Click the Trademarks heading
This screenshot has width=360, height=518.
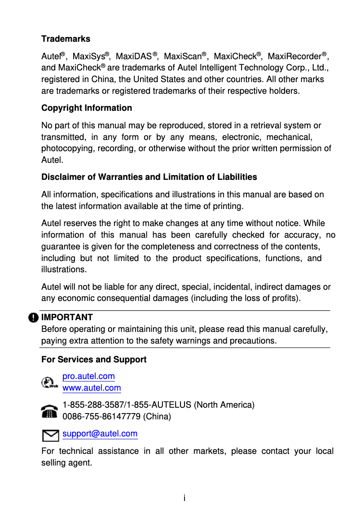[x=66, y=39]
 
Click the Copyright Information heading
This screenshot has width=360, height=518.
[x=87, y=108]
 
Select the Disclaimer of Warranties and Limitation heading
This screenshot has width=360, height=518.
[x=149, y=177]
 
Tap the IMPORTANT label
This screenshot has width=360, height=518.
[x=67, y=318]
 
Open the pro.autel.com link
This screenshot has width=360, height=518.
[x=88, y=376]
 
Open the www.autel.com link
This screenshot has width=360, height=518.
[x=92, y=388]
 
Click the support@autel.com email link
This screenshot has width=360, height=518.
[x=100, y=434]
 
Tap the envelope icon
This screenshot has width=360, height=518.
[x=49, y=435]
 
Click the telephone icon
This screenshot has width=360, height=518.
[x=49, y=411]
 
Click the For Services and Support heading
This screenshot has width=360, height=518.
[x=94, y=360]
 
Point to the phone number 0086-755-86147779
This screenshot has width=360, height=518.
[x=101, y=417]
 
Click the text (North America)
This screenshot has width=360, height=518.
[x=224, y=405]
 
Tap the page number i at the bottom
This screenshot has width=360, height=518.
[x=184, y=498]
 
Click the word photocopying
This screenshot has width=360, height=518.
[x=66, y=148]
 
